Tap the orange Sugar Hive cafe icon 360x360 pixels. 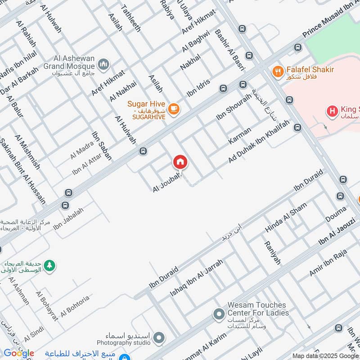pyautogui.click(x=174, y=108)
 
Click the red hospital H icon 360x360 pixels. pyautogui.click(x=333, y=111)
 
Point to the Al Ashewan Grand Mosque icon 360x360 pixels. pyautogui.click(x=104, y=65)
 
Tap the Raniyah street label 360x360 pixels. pyautogui.click(x=272, y=253)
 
